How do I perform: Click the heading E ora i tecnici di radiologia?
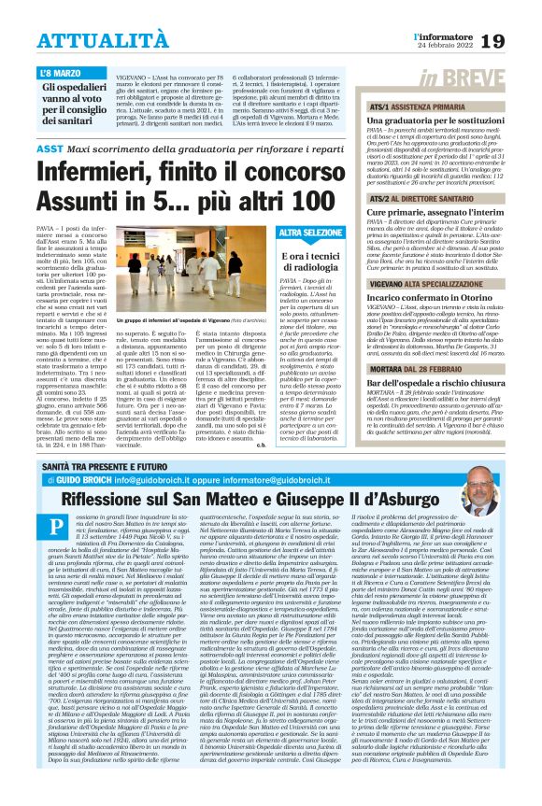point(303,261)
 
